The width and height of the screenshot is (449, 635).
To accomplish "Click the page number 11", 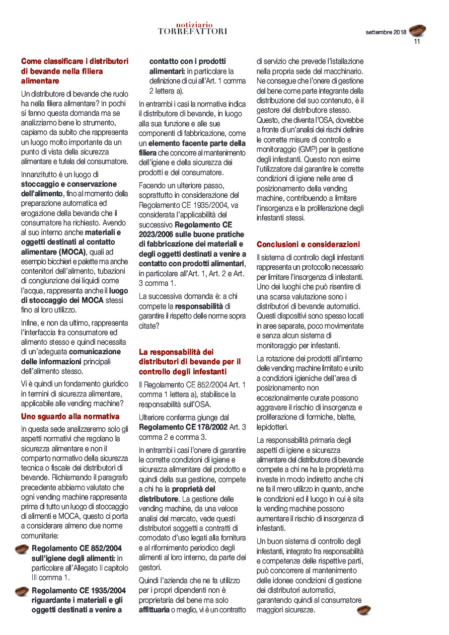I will (x=417, y=42).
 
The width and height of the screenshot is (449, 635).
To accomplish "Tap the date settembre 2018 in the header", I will (x=386, y=32).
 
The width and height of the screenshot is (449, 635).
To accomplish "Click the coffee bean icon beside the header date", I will (x=417, y=30).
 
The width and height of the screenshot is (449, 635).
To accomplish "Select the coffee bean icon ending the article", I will (x=363, y=610).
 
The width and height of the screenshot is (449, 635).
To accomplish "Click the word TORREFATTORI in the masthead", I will (x=192, y=31).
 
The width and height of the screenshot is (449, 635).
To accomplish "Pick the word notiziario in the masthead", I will (x=194, y=24).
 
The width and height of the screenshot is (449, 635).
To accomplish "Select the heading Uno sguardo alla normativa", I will (x=70, y=416).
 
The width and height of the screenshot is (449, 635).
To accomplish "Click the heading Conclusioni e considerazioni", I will (x=308, y=244).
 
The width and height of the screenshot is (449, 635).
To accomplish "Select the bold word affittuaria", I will (x=154, y=610).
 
